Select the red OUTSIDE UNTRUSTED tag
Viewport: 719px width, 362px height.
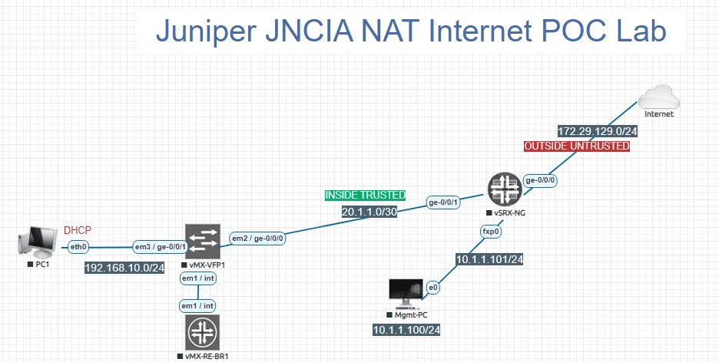click(x=576, y=146)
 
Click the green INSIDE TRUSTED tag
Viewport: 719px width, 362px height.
click(x=365, y=196)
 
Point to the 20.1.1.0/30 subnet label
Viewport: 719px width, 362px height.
click(x=369, y=211)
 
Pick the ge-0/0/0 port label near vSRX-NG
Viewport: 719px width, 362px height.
click(x=541, y=179)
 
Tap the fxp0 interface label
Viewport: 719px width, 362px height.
click(x=491, y=230)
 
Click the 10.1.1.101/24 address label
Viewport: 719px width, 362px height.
click(x=489, y=259)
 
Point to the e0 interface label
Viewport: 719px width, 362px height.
click(x=433, y=288)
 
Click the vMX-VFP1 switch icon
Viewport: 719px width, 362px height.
click(x=203, y=242)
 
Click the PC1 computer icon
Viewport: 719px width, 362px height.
click(x=37, y=243)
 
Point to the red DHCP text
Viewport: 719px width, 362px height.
click(x=77, y=230)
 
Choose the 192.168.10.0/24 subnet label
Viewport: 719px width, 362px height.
click(x=125, y=268)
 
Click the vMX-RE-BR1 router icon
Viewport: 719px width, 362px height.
click(x=202, y=334)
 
